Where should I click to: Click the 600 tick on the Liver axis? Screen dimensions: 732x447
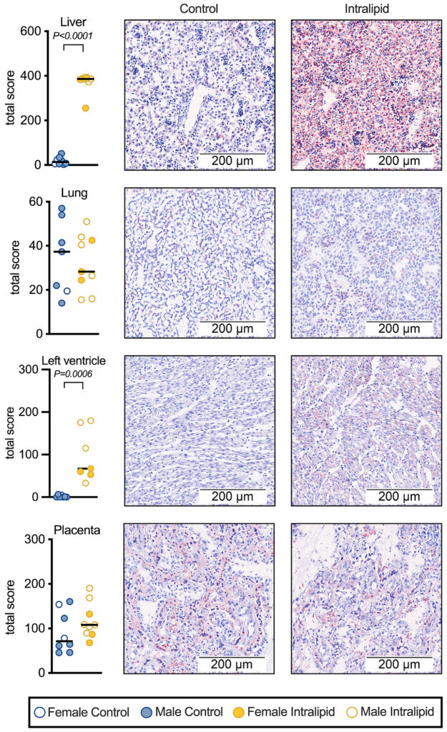click(x=31, y=31)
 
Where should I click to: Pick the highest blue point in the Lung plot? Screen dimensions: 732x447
click(x=62, y=208)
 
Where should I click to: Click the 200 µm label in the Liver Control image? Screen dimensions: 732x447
click(x=232, y=161)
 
